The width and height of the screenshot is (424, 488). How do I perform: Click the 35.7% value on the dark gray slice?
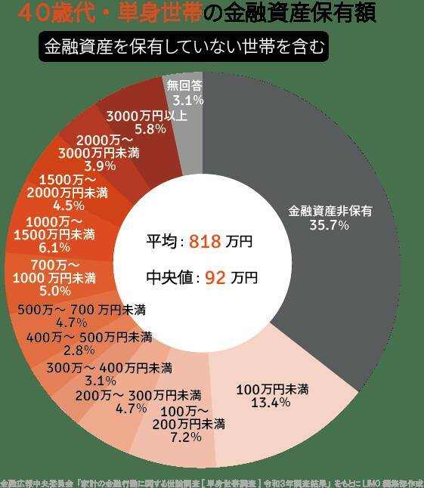(329, 225)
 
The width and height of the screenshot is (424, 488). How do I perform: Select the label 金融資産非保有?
(330, 212)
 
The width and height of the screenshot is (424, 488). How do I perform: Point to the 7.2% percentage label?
(186, 437)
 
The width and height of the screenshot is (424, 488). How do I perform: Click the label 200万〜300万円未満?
(138, 395)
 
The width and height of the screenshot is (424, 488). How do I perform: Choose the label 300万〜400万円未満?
(109, 368)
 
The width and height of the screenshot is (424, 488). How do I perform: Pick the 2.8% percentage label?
(79, 350)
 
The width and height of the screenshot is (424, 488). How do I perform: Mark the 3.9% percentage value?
(100, 165)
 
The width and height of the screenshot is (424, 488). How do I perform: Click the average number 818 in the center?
(204, 242)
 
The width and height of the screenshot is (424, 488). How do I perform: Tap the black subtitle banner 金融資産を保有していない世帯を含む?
(184, 47)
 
